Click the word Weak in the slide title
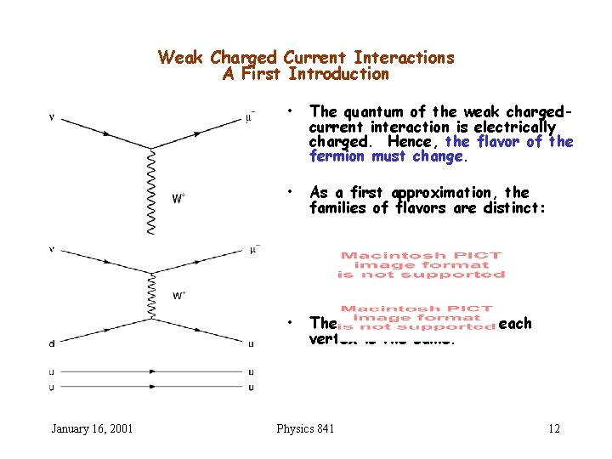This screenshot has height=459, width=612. click(x=181, y=58)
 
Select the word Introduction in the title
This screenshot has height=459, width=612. click(x=338, y=74)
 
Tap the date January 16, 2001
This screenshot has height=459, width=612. click(x=92, y=428)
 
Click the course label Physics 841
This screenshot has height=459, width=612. click(x=305, y=428)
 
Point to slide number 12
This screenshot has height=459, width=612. click(x=553, y=428)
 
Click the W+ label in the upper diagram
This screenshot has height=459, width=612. click(x=179, y=199)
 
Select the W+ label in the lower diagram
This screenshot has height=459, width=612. click(x=179, y=296)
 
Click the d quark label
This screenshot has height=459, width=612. click(x=54, y=343)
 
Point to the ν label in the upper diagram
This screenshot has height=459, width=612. click(x=53, y=117)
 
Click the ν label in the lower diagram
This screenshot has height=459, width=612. click(x=53, y=250)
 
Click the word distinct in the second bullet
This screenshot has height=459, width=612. click(x=507, y=207)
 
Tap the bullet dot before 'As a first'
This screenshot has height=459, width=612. click(x=291, y=193)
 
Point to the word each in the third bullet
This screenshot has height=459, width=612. click(x=516, y=323)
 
